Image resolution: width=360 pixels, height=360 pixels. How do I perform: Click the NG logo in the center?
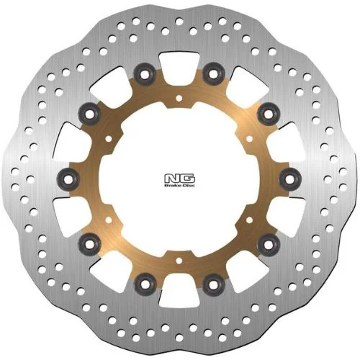(180, 179)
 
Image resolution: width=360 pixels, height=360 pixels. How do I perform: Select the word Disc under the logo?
(189, 186)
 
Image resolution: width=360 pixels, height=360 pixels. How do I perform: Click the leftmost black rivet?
(68, 179)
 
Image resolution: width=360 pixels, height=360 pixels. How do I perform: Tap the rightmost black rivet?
(290, 179)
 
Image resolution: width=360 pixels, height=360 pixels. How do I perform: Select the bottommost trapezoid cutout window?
(179, 290)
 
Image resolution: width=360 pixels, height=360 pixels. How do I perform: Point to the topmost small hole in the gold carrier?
(179, 98)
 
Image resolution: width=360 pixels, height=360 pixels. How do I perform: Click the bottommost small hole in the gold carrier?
(179, 261)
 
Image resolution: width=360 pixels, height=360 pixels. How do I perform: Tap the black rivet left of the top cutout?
(145, 74)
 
